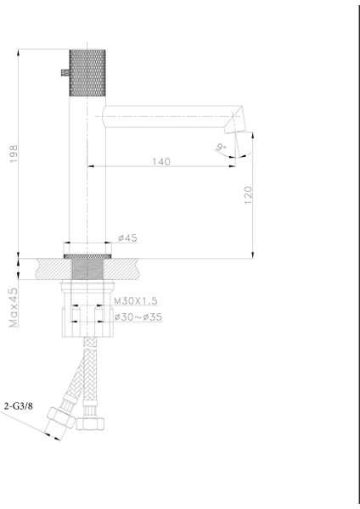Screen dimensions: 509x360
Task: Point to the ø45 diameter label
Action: (x=128, y=238)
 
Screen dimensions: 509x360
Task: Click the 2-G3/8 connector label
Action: (x=19, y=406)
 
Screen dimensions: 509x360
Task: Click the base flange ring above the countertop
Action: (x=87, y=251)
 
